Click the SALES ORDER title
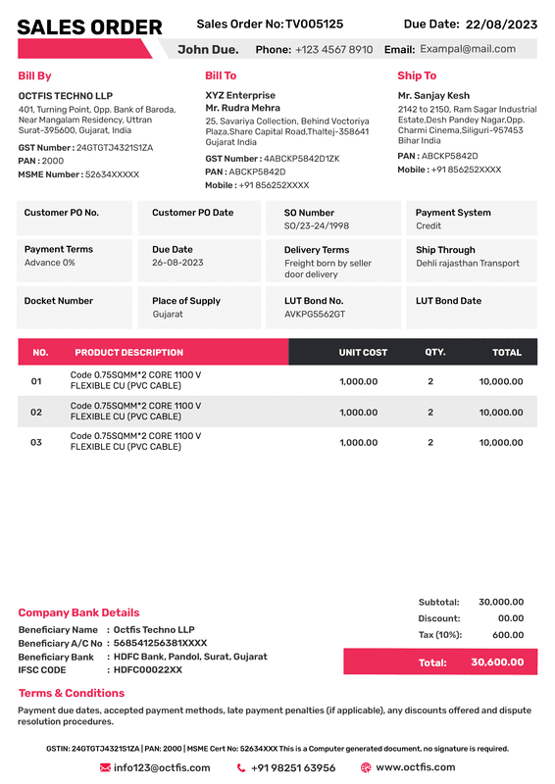pos(89,27)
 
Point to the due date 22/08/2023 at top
pos(501,24)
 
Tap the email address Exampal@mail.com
pos(468,49)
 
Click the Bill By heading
pos(34,75)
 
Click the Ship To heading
pos(417,75)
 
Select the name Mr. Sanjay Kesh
pos(433,96)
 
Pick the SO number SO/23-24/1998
pos(317,226)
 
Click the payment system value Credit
pos(429,226)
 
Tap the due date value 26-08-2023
pos(177,264)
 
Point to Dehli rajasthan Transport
pos(468,264)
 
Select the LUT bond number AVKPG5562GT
pos(315,315)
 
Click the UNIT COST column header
pos(363,352)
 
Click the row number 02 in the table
pos(36,413)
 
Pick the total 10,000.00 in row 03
pos(500,443)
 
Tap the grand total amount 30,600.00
pos(497,662)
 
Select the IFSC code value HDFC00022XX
pos(148,670)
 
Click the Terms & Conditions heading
pos(72,693)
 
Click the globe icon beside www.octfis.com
pos(366,768)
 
